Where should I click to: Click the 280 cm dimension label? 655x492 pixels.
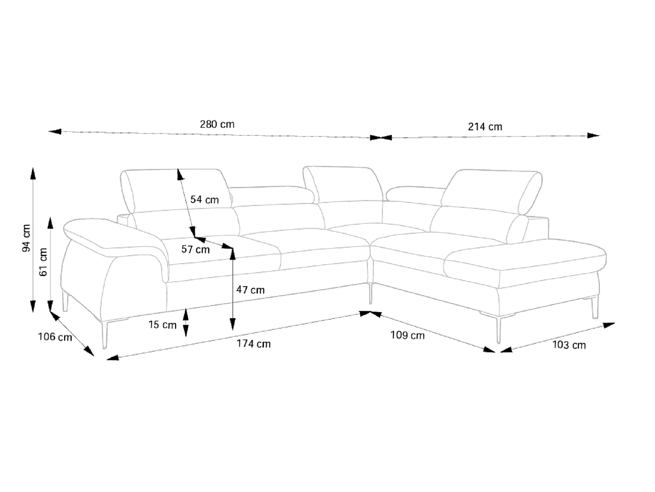pyautogui.click(x=217, y=124)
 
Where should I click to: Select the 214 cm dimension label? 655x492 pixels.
pyautogui.click(x=485, y=127)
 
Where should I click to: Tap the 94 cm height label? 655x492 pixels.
pyautogui.click(x=26, y=238)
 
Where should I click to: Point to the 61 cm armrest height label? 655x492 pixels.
pyautogui.click(x=43, y=262)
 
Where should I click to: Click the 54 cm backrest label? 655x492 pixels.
pyautogui.click(x=204, y=199)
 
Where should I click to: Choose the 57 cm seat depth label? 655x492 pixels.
pyautogui.click(x=196, y=249)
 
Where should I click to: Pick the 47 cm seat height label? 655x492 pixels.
pyautogui.click(x=250, y=290)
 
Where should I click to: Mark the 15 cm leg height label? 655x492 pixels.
pyautogui.click(x=162, y=325)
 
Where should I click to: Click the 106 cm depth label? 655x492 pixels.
pyautogui.click(x=55, y=337)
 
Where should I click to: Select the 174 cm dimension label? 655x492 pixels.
pyautogui.click(x=254, y=344)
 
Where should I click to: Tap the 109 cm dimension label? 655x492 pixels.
pyautogui.click(x=407, y=335)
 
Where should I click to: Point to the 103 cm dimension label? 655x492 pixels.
pyautogui.click(x=569, y=345)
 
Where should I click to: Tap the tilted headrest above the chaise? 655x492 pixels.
pyautogui.click(x=492, y=191)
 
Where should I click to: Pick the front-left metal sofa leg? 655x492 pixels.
pyautogui.click(x=104, y=335)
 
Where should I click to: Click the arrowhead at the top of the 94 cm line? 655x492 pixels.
pyautogui.click(x=33, y=174)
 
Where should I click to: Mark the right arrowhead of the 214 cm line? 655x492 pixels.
pyautogui.click(x=593, y=135)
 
